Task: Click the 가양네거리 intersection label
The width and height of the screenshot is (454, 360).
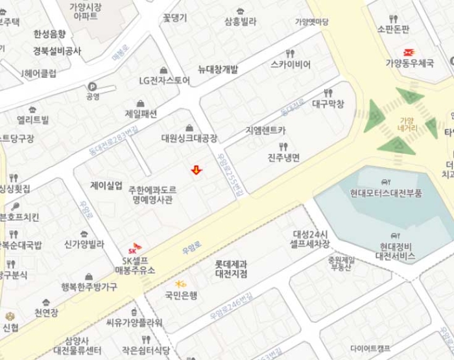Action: click(406, 124)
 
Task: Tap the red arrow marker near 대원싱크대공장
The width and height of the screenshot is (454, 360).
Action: click(196, 170)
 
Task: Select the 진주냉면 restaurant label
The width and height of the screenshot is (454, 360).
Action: click(283, 158)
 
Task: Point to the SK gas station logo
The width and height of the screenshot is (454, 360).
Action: click(134, 247)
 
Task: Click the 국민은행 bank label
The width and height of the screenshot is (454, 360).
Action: click(181, 295)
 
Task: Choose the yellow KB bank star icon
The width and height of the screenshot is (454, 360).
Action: click(181, 283)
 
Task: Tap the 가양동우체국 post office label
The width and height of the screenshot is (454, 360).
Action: click(409, 62)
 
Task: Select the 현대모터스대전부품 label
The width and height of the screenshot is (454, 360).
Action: click(386, 193)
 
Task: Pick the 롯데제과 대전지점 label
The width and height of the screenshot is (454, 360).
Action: click(231, 269)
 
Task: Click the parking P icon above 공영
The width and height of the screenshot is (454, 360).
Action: click(92, 86)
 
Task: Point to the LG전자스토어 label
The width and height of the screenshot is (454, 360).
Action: click(165, 80)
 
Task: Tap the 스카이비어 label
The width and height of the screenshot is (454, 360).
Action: click(291, 64)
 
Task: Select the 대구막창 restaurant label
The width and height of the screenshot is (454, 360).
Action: click(328, 103)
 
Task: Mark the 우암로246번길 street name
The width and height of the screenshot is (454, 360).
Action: click(232, 307)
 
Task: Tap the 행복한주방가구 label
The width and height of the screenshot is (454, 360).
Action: click(89, 287)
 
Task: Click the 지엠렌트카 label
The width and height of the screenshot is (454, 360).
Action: click(265, 130)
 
